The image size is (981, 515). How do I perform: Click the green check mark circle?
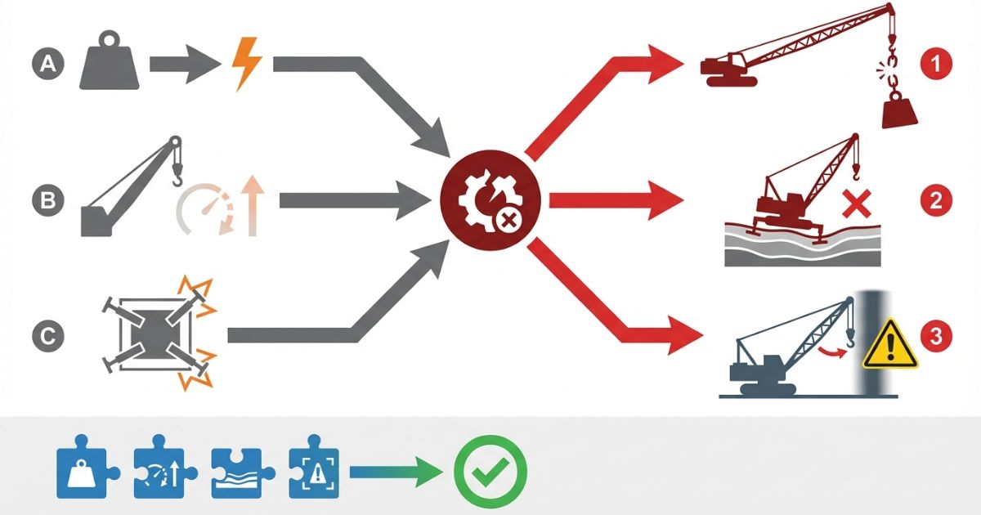click(490, 472)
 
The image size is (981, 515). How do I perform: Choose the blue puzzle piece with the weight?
click(85, 472)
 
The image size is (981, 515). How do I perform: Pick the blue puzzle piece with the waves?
click(238, 472)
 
